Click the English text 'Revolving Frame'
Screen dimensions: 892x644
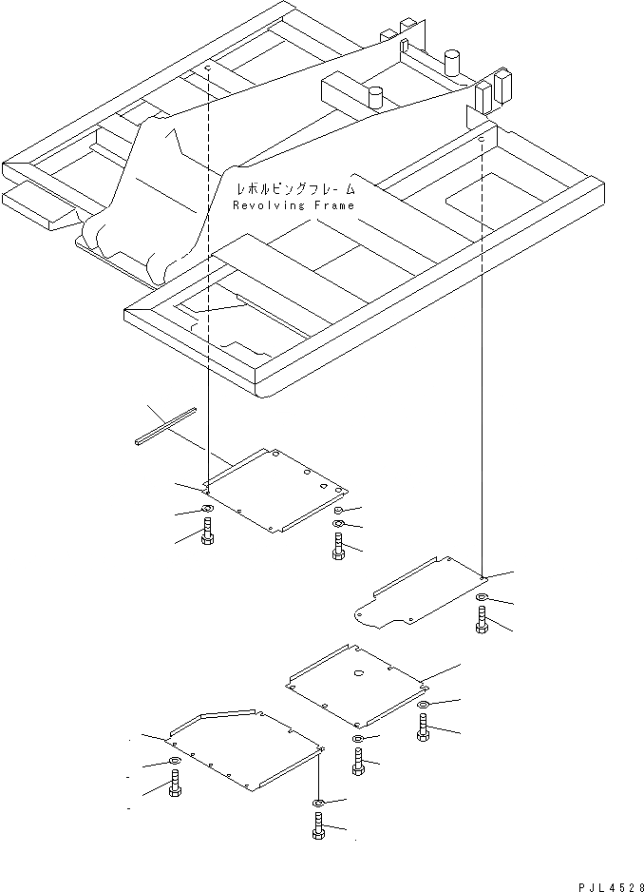[294, 205]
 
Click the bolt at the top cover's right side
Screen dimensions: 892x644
[338, 545]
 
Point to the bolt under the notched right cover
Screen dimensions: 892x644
[482, 622]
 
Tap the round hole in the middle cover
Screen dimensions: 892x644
[360, 672]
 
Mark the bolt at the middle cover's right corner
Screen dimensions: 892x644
[423, 730]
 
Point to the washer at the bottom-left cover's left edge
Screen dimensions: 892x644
[174, 763]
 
